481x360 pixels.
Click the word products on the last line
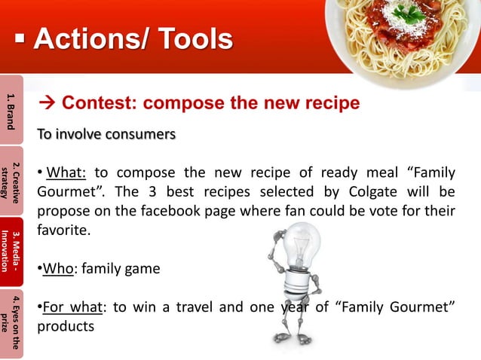[x=69, y=328]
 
